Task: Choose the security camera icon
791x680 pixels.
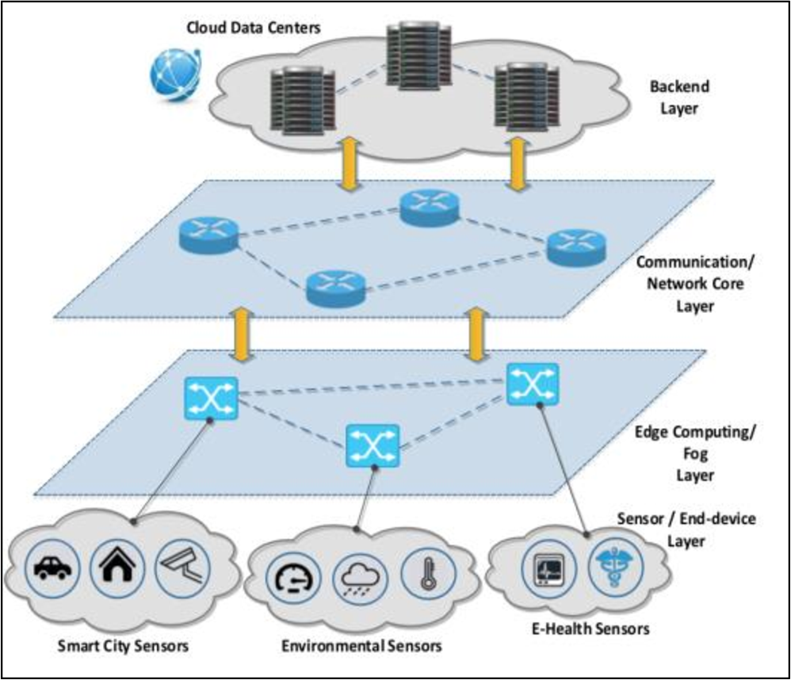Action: pos(179,567)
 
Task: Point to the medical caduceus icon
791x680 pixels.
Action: pos(611,567)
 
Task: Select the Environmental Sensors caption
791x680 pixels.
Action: pos(361,646)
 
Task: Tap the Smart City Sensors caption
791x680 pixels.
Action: pos(123,646)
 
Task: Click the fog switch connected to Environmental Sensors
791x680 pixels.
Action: pos(372,445)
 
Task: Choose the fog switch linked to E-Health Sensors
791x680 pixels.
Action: pos(532,384)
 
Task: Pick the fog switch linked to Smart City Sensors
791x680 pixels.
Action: pos(211,398)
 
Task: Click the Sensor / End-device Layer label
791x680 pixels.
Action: pos(686,529)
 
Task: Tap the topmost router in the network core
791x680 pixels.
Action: pos(430,207)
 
